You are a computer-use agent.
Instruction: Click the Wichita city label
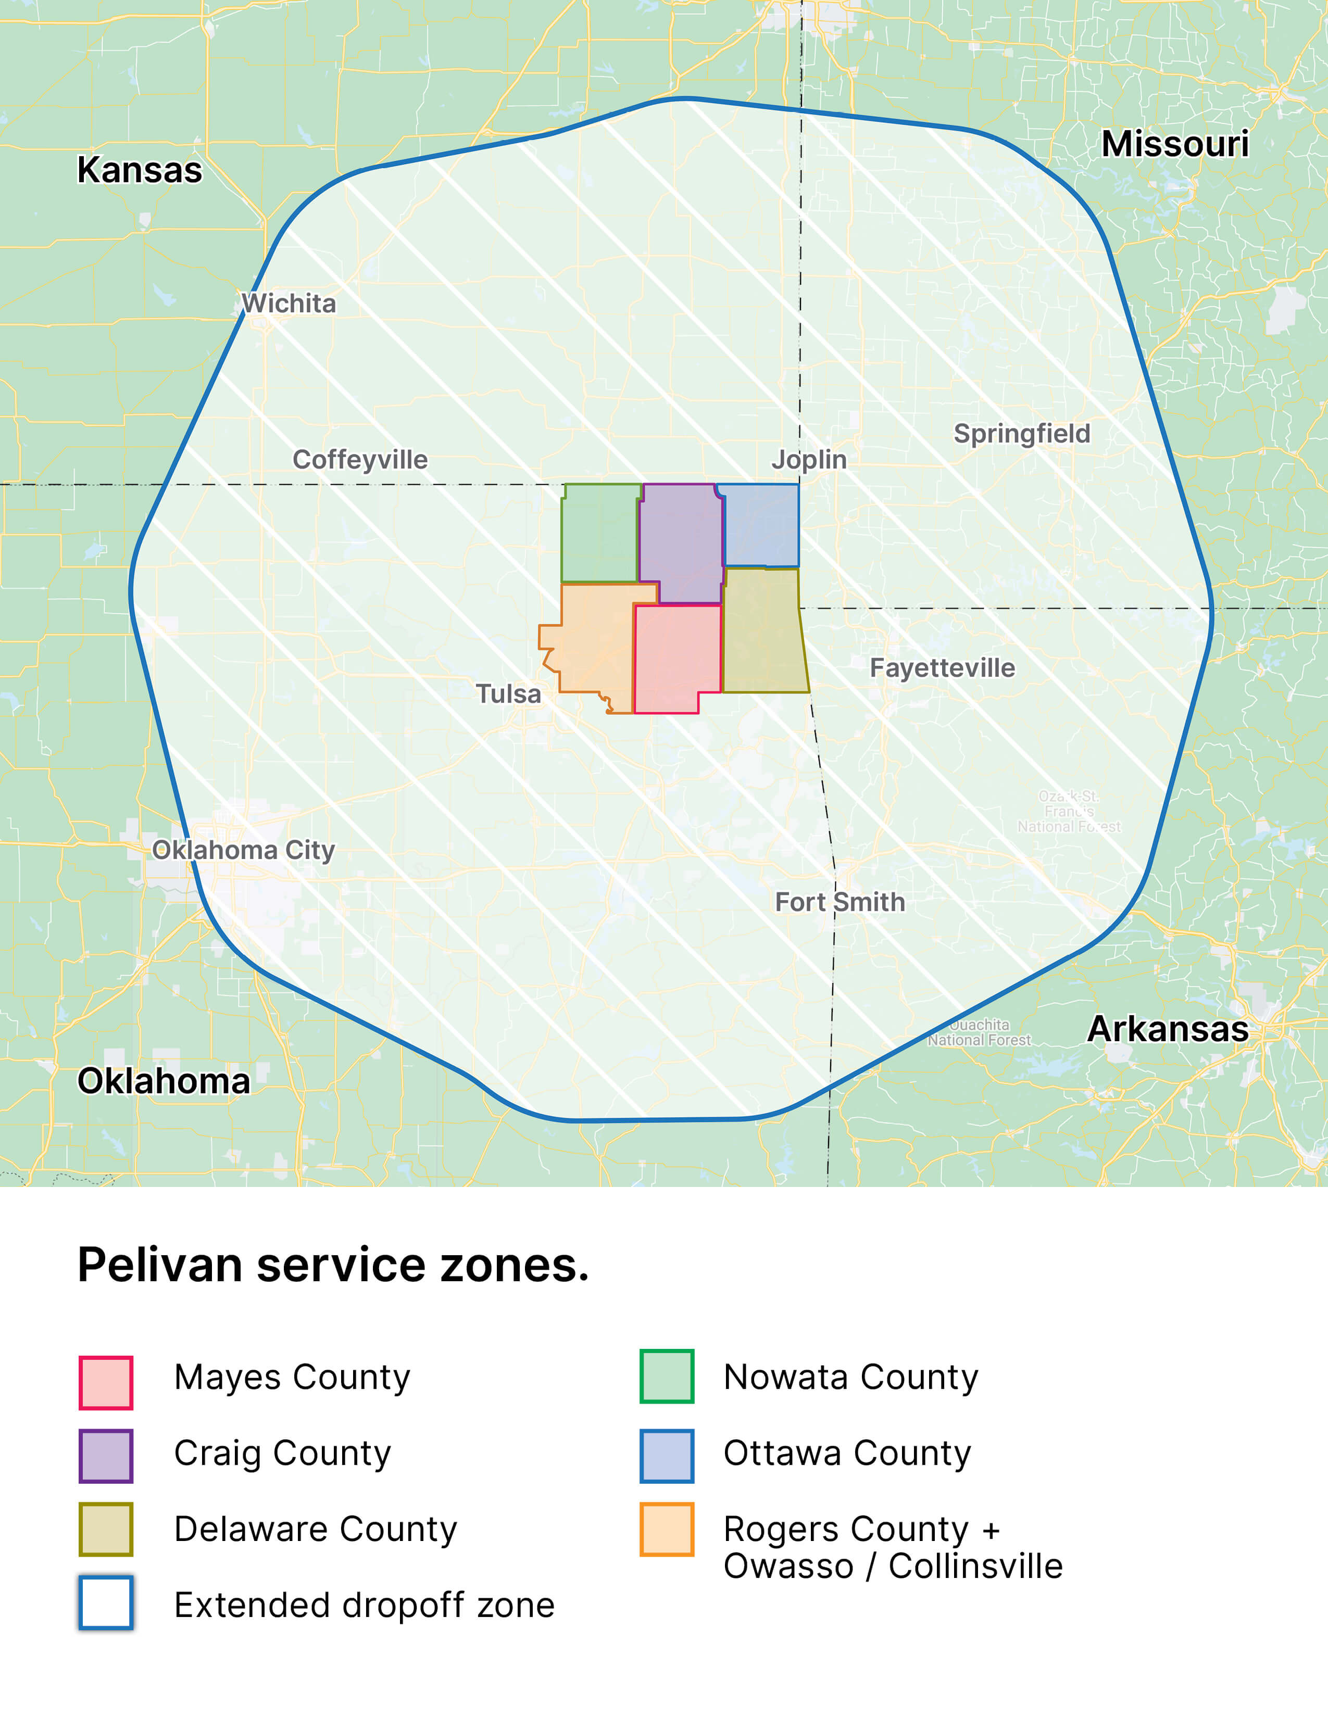(289, 303)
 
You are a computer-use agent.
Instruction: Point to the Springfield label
(1021, 434)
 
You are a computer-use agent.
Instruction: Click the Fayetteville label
(942, 668)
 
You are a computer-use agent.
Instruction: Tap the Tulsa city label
(508, 694)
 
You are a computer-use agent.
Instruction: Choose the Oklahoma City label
(243, 850)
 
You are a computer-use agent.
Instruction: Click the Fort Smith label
(840, 902)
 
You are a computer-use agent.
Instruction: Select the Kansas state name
(139, 170)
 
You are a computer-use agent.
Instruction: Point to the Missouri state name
(1174, 144)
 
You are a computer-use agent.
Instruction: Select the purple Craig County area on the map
(681, 539)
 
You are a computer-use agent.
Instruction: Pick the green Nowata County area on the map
(599, 533)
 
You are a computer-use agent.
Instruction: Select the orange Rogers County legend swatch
(667, 1529)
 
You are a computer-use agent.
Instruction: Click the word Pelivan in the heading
(160, 1266)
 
